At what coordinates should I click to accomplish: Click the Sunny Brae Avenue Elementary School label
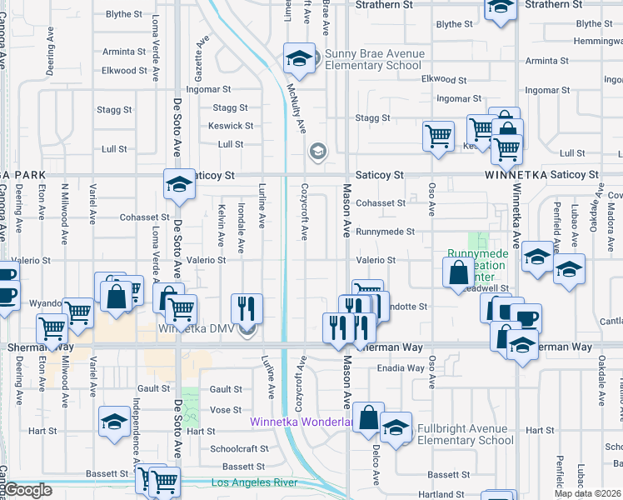click(x=374, y=60)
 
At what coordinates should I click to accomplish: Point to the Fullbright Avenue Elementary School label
click(x=461, y=435)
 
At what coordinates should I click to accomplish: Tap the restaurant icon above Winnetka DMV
click(x=247, y=308)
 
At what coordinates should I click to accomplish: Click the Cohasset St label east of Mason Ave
click(x=381, y=202)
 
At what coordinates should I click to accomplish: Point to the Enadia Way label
click(x=401, y=367)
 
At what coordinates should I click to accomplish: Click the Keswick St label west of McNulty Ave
click(x=232, y=126)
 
